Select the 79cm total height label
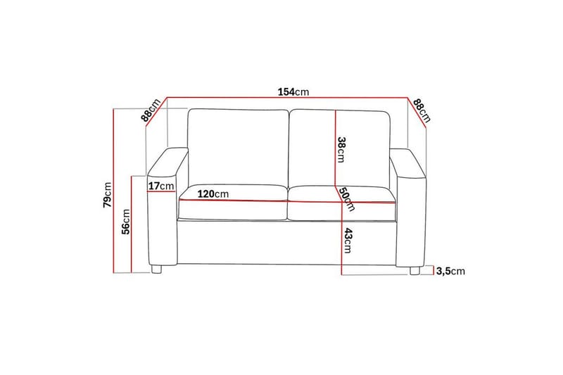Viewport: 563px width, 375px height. [106, 196]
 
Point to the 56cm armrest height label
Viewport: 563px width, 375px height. [126, 222]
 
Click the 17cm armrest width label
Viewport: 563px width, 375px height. [162, 186]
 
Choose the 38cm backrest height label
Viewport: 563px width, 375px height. [341, 148]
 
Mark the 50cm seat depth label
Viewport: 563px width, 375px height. [346, 199]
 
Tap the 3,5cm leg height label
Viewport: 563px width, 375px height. [450, 271]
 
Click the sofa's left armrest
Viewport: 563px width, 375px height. [166, 211]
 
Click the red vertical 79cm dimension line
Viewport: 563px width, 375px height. [114, 190]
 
